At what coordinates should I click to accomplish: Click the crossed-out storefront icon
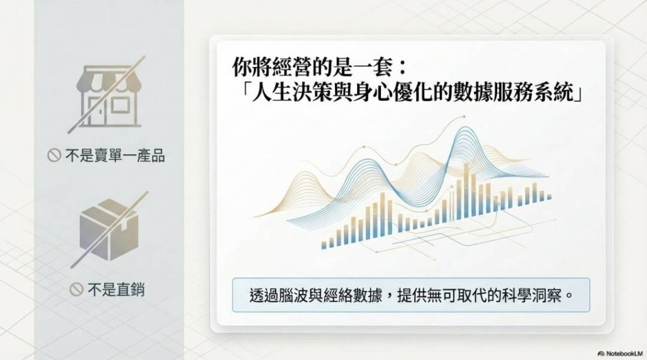click(x=108, y=95)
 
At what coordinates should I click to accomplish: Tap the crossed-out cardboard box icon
click(x=109, y=230)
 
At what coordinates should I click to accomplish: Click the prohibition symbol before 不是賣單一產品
click(x=54, y=155)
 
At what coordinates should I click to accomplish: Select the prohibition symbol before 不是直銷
click(x=76, y=289)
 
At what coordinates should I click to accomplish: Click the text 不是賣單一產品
click(x=115, y=155)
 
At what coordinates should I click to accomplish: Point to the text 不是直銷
click(x=116, y=289)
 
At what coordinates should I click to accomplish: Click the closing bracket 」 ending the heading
click(x=579, y=92)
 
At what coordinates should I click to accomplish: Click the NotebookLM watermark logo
click(x=620, y=354)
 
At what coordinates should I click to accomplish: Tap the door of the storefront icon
click(x=97, y=111)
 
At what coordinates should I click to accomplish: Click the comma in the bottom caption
click(x=389, y=299)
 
